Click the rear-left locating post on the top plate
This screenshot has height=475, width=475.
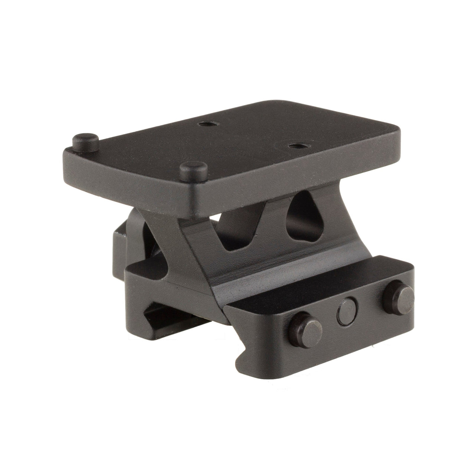coord(85,141)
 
